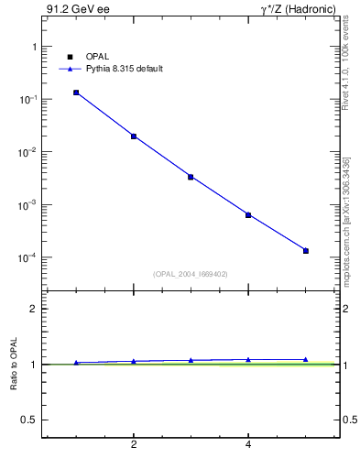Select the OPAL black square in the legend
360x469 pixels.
tap(70, 57)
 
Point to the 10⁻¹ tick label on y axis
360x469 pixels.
tap(26, 99)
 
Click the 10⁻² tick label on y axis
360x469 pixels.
tap(26, 152)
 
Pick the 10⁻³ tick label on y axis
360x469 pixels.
tap(26, 205)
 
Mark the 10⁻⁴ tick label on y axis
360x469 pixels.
tap(26, 257)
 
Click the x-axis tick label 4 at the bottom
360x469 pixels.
tap(248, 445)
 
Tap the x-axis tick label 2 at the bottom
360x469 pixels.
tap(134, 445)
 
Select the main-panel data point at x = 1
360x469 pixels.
tap(76, 93)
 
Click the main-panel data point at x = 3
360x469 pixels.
tap(191, 177)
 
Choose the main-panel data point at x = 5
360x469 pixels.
tap(306, 250)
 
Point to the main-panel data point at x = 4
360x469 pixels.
tap(248, 215)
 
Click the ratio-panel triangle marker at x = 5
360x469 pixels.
tap(306, 360)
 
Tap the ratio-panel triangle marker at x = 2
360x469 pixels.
tap(134, 361)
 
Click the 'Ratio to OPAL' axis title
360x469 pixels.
tap(14, 365)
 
